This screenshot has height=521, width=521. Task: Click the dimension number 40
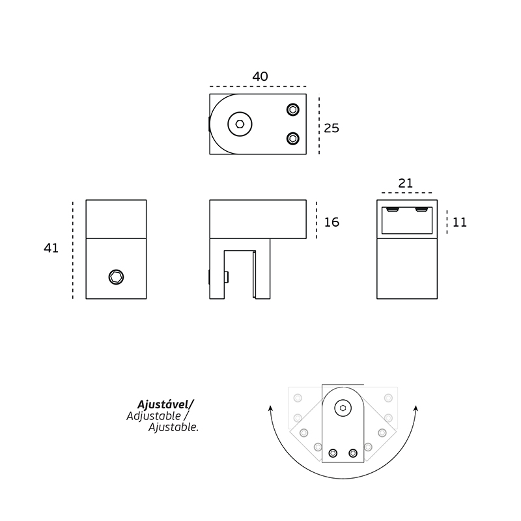click(x=260, y=76)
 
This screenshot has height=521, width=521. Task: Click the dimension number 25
click(x=331, y=128)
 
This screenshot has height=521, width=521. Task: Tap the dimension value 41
click(x=51, y=248)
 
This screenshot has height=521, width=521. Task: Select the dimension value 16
click(x=331, y=222)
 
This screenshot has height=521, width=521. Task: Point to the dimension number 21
click(x=405, y=183)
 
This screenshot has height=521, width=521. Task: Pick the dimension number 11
click(x=460, y=222)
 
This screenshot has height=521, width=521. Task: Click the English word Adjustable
click(x=154, y=416)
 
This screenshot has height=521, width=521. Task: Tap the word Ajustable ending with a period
click(x=173, y=427)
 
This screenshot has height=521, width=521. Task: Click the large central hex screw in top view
click(x=240, y=124)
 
